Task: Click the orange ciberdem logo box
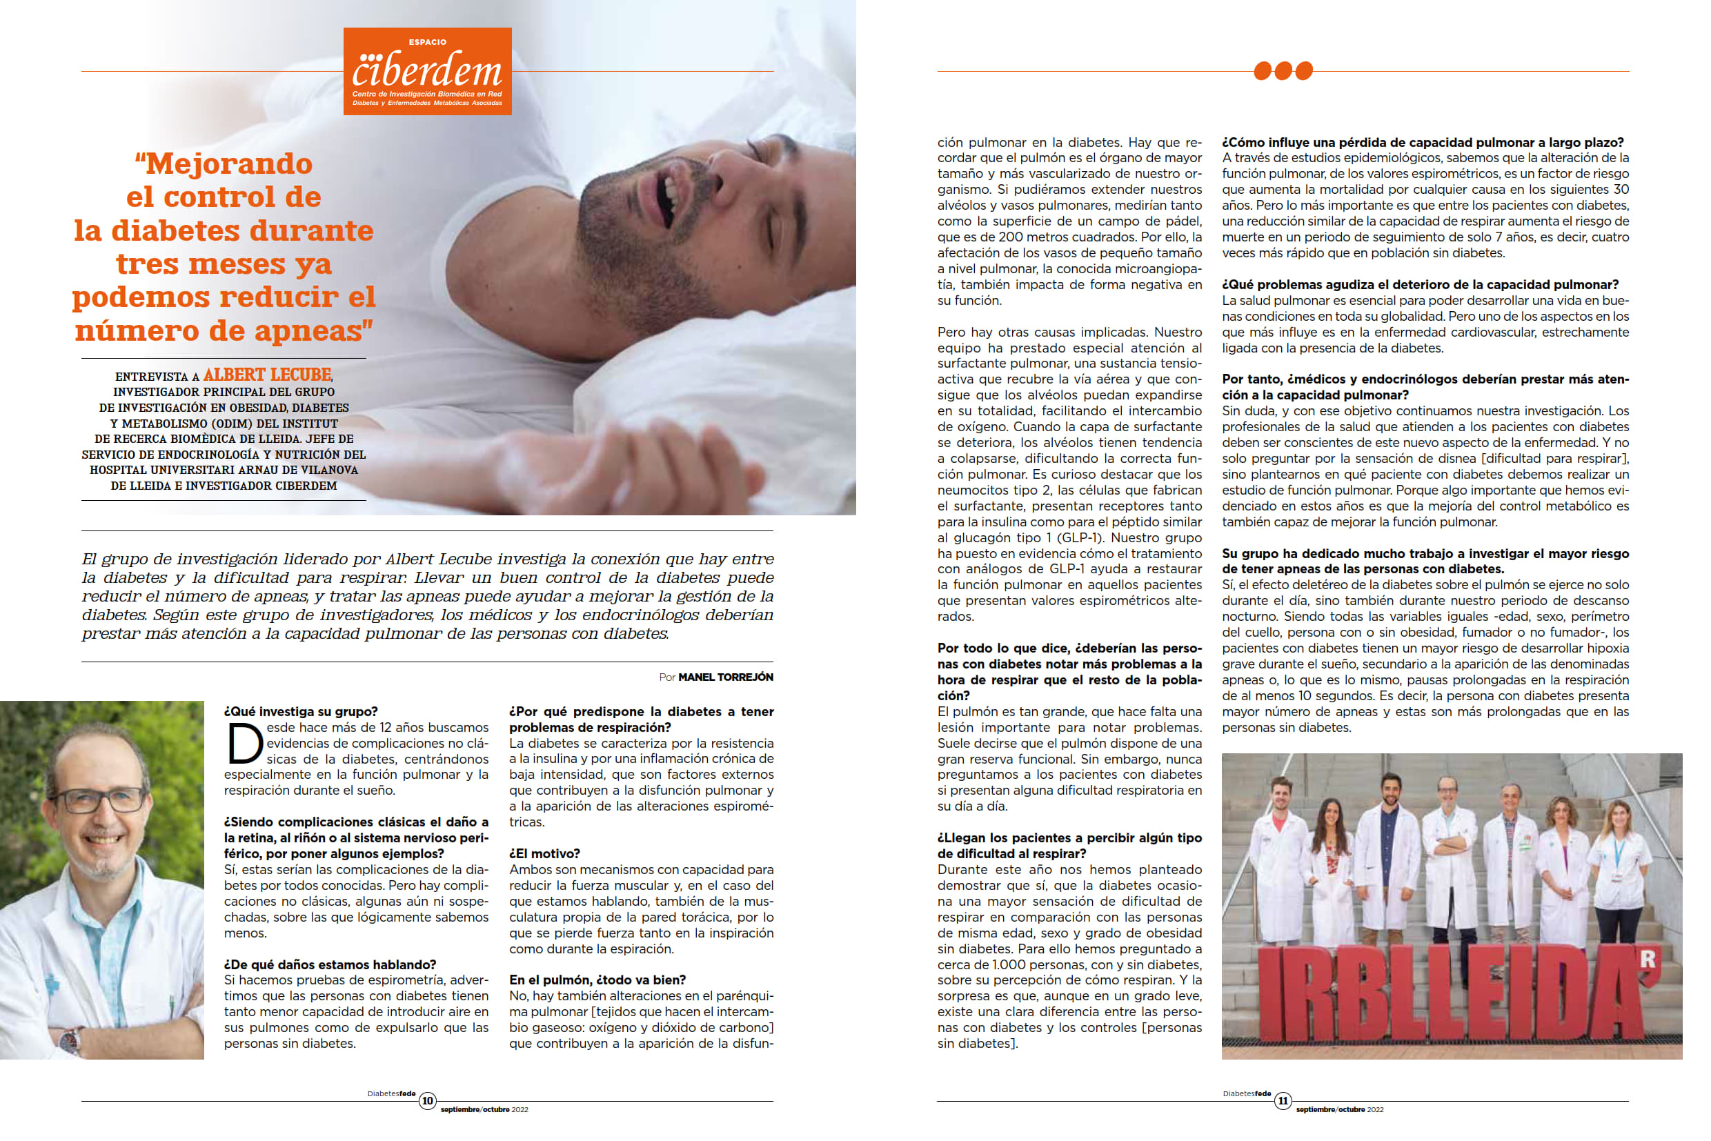pyautogui.click(x=427, y=71)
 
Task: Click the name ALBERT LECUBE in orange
pyautogui.click(x=267, y=375)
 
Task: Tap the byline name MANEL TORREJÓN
pyautogui.click(x=725, y=677)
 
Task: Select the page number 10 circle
pyautogui.click(x=427, y=1100)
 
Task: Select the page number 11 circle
pyautogui.click(x=1283, y=1100)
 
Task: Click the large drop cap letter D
pyautogui.click(x=244, y=743)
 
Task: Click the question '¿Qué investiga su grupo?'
pyautogui.click(x=301, y=711)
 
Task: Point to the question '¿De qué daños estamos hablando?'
pyautogui.click(x=330, y=964)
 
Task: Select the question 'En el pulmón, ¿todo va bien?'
pyautogui.click(x=597, y=980)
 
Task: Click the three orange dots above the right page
pyautogui.click(x=1283, y=70)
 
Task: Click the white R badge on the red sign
pyautogui.click(x=1647, y=959)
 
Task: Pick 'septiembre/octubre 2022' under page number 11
pyautogui.click(x=1339, y=1110)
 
